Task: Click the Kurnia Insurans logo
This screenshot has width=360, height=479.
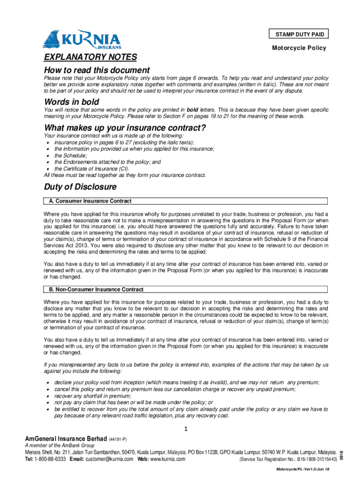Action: tap(81, 39)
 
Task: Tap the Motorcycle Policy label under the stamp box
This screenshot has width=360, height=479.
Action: tap(299, 48)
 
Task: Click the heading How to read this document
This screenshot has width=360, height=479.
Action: tap(97, 70)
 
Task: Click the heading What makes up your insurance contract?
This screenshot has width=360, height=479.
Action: tap(125, 128)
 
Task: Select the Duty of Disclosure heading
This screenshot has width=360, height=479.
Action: tap(80, 187)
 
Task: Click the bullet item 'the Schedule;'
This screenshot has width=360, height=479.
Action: tap(71, 155)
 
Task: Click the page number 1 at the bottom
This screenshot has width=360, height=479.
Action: tap(186, 429)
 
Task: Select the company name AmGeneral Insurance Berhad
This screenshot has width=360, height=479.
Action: tap(66, 439)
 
